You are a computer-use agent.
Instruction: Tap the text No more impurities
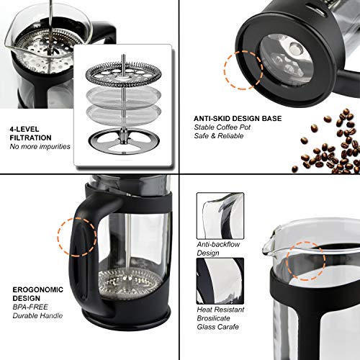[x=40, y=146]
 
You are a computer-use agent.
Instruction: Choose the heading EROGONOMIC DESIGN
[x=37, y=294]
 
